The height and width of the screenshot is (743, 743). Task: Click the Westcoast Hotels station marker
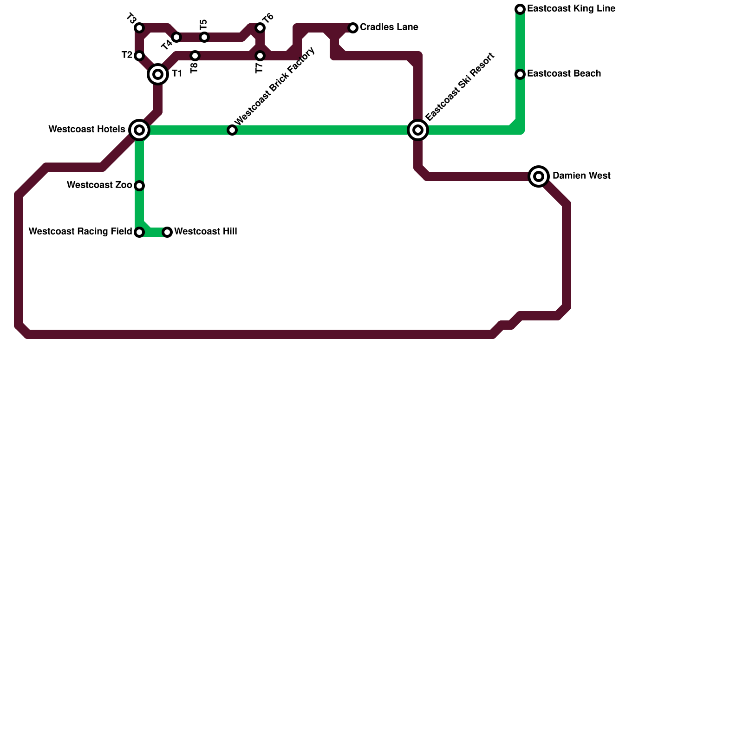click(x=139, y=130)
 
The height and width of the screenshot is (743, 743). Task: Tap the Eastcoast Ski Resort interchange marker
click(x=418, y=130)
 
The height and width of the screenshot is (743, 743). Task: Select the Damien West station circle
click(x=539, y=176)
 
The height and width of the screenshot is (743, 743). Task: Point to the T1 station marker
click(x=158, y=74)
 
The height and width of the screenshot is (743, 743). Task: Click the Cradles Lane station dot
click(x=353, y=28)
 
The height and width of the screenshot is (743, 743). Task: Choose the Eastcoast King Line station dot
click(x=520, y=9)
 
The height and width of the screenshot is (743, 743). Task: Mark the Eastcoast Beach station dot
click(x=520, y=74)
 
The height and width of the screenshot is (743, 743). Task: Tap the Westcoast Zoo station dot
click(x=139, y=186)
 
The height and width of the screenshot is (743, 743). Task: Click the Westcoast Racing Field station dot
click(x=139, y=232)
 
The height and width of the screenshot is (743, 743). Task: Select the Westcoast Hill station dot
click(x=167, y=232)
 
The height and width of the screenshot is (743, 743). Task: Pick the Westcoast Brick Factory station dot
click(x=232, y=130)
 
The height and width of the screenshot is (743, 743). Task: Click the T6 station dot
click(x=260, y=28)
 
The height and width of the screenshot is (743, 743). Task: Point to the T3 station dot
click(x=139, y=28)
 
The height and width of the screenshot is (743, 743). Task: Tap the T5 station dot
click(x=204, y=37)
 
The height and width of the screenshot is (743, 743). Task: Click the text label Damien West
click(x=581, y=176)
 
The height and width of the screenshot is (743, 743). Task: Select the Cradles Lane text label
click(x=389, y=27)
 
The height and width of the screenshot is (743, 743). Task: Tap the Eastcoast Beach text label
click(x=564, y=74)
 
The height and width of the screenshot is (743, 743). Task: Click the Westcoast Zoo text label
click(x=99, y=185)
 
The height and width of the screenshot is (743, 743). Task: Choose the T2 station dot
click(x=139, y=56)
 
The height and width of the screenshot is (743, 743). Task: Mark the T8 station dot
click(x=195, y=56)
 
